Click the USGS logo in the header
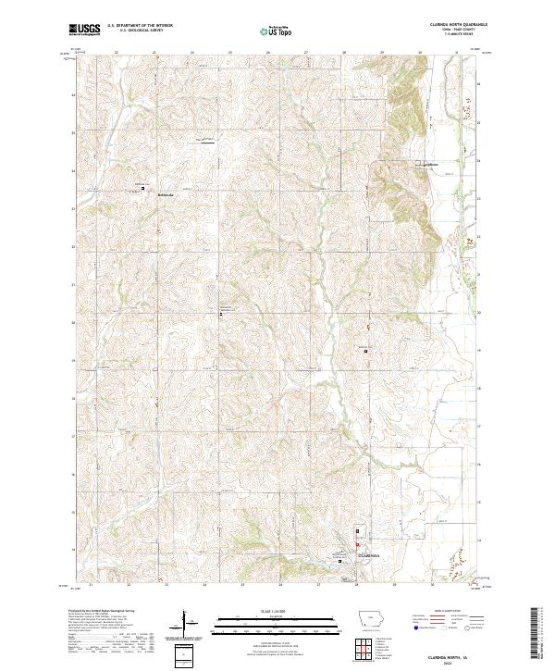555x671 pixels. click(x=85, y=30)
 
